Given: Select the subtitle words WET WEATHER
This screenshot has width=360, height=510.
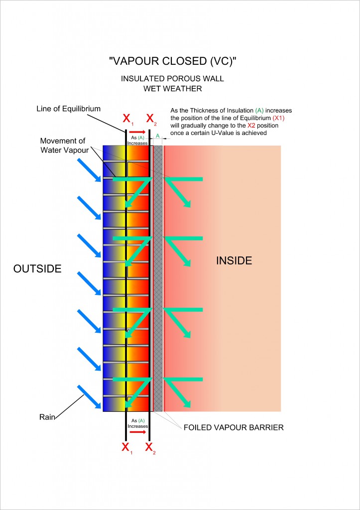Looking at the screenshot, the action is (172, 88).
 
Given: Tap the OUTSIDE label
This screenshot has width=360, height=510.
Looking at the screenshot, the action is (37, 268).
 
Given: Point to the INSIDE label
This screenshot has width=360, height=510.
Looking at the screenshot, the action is (234, 260).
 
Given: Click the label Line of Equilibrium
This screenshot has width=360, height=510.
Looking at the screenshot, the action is (69, 109).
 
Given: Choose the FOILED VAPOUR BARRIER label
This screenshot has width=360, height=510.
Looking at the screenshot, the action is (234, 427).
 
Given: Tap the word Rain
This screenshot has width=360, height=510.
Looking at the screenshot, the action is (47, 417).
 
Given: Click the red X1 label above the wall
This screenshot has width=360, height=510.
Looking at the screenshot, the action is (127, 120).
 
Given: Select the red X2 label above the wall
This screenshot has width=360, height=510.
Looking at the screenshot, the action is (151, 120).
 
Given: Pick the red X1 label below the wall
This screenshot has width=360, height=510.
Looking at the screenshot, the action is (127, 448).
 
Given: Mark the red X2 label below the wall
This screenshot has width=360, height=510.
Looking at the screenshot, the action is (150, 448).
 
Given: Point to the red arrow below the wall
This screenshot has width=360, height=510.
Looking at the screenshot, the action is (137, 432).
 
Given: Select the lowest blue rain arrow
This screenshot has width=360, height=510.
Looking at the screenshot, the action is (89, 397).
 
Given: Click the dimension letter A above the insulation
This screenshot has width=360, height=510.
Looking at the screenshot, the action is (157, 136).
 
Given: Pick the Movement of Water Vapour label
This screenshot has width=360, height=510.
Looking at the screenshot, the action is (63, 145).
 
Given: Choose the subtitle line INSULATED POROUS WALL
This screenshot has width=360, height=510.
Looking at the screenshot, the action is (172, 79).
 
